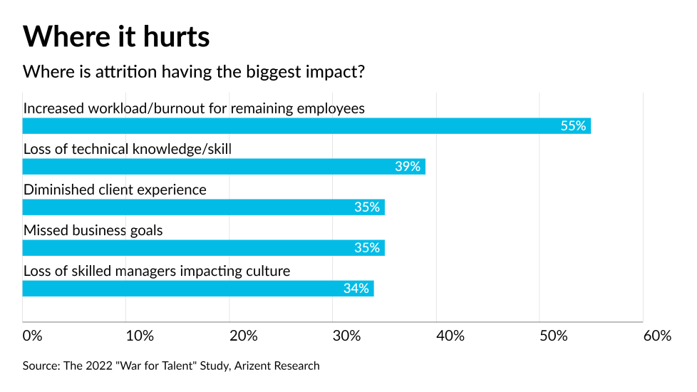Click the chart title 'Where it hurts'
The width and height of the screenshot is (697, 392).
[x=116, y=35]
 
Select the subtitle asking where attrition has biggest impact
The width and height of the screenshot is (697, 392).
[x=194, y=73]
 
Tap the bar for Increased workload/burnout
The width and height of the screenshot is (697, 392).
[x=306, y=126]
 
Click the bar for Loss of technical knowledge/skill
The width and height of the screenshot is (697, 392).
[x=224, y=167]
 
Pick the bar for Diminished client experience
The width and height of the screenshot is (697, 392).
[x=203, y=207]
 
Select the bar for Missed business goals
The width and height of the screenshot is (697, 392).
[x=203, y=248]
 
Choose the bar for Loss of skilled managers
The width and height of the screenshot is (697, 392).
[x=198, y=289]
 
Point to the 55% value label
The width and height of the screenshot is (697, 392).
[x=573, y=126]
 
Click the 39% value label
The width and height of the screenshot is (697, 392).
[x=408, y=167]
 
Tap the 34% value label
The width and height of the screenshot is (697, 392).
[x=356, y=289]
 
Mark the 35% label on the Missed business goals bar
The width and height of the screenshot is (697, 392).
[x=367, y=248]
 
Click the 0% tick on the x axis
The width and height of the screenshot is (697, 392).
[x=33, y=336]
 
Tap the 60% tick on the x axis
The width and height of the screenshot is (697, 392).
[x=656, y=336]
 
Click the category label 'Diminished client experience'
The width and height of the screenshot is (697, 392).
[x=115, y=190]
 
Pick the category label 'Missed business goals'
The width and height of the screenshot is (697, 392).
[x=93, y=231]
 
